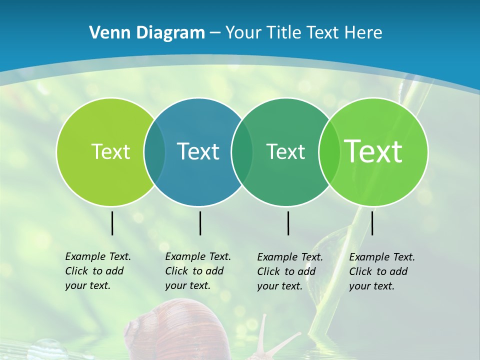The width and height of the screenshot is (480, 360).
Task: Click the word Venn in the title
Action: tap(105, 32)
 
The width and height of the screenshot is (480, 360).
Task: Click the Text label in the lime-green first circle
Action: tap(110, 151)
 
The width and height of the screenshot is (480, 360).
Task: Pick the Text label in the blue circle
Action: tap(198, 151)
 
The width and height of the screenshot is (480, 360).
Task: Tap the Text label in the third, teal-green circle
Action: tap(285, 151)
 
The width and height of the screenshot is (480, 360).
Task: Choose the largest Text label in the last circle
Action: tap(373, 151)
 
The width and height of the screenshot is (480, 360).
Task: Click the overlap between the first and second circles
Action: tap(154, 151)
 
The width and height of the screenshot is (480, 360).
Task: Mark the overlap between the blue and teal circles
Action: tap(242, 151)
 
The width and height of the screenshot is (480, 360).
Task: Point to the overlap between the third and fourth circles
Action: tap(329, 151)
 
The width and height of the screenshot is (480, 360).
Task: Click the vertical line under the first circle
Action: tap(112, 223)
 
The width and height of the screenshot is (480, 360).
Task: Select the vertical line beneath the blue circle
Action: tap(200, 223)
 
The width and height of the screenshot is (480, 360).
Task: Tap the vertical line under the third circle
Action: tap(288, 223)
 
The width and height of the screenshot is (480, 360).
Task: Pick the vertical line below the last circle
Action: tap(372, 223)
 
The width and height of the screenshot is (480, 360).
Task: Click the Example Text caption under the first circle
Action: tap(98, 271)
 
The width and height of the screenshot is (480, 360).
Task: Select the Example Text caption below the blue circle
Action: tap(198, 271)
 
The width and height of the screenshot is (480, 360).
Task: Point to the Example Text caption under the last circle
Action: tap(382, 271)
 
